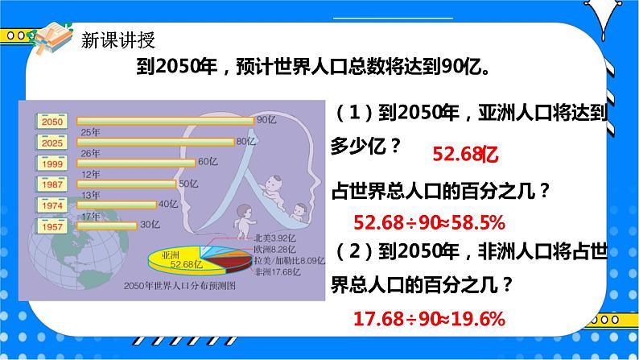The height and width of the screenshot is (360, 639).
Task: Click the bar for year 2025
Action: [x=154, y=142]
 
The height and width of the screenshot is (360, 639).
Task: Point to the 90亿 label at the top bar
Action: [x=266, y=120]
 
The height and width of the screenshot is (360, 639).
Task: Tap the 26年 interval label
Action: [x=90, y=152]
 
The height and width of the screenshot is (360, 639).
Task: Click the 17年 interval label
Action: [x=90, y=215]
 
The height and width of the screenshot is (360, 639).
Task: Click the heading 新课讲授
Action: [x=118, y=39]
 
